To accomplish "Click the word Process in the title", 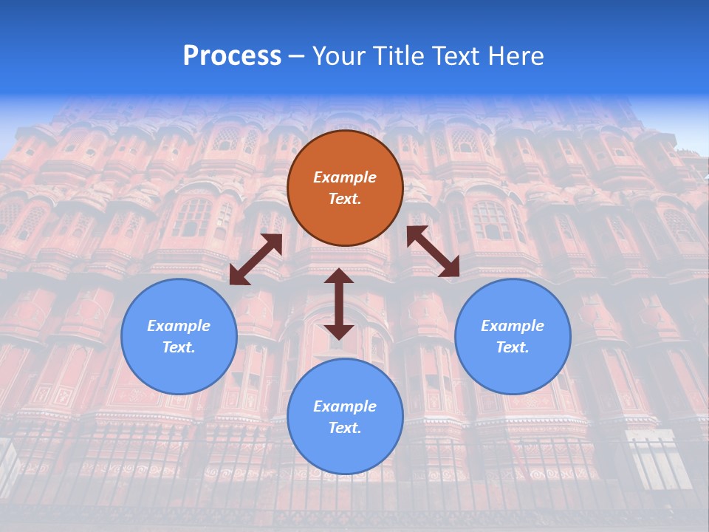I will (232, 56).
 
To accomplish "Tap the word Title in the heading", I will (398, 56).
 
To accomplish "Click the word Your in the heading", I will (339, 56).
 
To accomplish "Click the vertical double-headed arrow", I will (339, 304).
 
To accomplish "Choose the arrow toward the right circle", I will (433, 252).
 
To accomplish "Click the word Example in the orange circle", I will (345, 177).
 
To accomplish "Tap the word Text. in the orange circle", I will (345, 199).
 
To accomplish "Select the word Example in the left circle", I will (179, 326).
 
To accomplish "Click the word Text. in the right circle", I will (513, 347).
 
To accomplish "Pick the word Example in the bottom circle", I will (345, 406).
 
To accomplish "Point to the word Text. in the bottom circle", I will (345, 428).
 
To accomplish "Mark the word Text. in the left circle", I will (179, 347).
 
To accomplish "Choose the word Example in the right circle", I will (513, 326).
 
